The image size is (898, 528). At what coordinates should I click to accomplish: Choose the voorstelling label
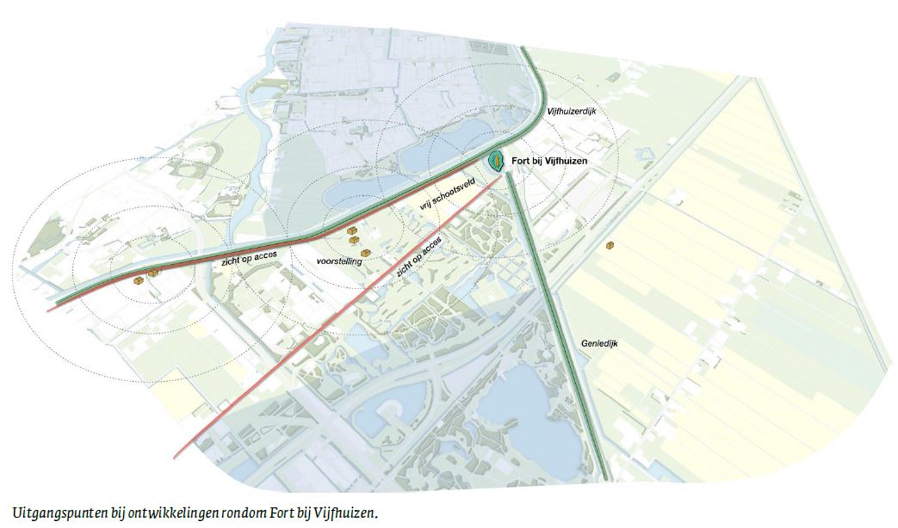click(338, 260)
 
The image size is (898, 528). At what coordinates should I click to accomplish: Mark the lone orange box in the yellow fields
click(610, 246)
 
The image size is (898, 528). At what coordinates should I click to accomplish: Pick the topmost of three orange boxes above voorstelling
click(352, 231)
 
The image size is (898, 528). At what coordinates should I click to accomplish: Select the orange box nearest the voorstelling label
click(366, 253)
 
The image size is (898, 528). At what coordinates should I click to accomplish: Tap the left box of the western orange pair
click(138, 279)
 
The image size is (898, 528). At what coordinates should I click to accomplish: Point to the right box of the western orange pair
click(153, 273)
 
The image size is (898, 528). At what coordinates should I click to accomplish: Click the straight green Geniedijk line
click(560, 327)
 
